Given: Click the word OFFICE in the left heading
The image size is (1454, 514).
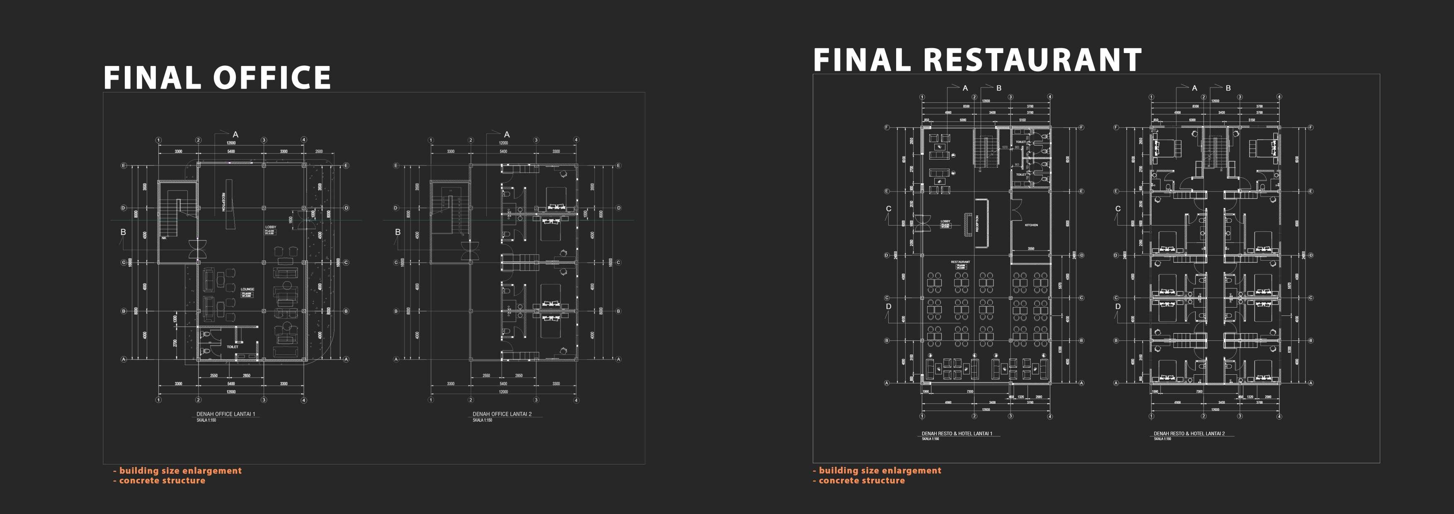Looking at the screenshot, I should [x=272, y=78].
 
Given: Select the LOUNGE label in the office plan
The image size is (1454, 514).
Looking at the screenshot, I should [x=247, y=289].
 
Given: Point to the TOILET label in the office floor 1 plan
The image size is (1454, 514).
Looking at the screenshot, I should [x=233, y=347].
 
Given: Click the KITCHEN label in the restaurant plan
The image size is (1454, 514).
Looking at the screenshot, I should [x=1031, y=225].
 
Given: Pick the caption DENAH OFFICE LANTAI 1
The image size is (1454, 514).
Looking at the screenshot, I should [x=226, y=414].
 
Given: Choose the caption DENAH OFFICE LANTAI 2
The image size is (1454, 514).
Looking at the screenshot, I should [x=502, y=414].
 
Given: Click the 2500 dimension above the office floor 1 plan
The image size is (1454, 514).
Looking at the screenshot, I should [x=319, y=152].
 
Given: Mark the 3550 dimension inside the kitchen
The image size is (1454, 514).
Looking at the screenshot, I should [x=1031, y=248].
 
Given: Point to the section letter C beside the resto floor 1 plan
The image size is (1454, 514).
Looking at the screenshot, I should [x=888, y=209].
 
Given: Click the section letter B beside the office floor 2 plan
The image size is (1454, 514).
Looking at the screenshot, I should [x=398, y=232].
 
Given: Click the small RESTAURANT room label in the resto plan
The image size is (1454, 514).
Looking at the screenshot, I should [x=960, y=262].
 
